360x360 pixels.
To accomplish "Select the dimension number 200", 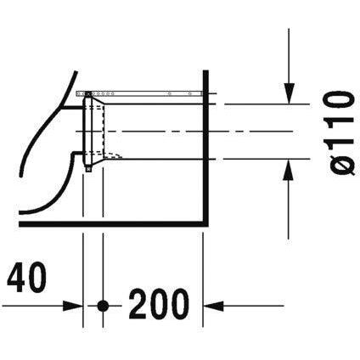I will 160,303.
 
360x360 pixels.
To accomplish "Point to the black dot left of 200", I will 103,304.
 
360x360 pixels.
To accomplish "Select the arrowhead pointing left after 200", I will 213,304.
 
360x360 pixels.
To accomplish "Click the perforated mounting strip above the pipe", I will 136,92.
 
